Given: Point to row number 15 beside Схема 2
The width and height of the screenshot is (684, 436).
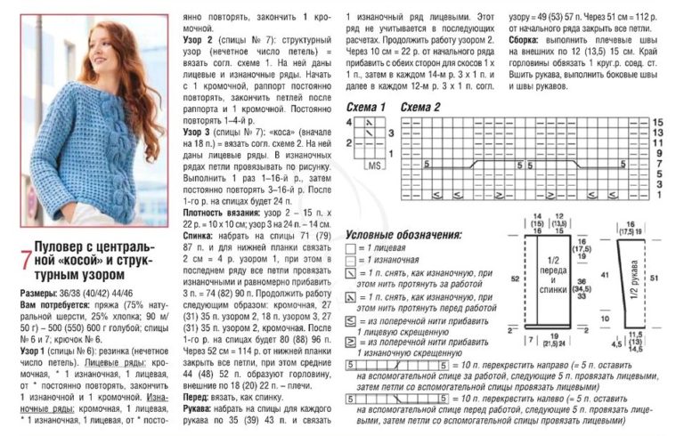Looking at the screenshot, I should point(657,121).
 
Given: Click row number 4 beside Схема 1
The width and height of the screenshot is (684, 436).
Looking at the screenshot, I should point(390,122).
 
